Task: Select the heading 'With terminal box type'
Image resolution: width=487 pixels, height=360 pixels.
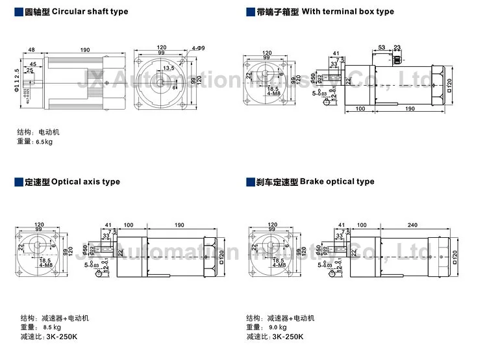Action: [348, 12]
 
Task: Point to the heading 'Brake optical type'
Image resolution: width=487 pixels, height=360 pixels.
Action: [337, 182]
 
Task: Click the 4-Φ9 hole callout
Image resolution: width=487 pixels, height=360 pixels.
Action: [199, 49]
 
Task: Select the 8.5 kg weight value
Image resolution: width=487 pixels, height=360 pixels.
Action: [53, 328]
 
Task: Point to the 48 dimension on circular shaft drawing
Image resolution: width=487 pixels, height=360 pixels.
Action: [31, 50]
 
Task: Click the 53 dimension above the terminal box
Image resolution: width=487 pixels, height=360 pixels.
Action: [381, 47]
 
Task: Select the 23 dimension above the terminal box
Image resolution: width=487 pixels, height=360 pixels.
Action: [397, 47]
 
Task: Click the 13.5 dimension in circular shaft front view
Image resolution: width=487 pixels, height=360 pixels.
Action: [169, 68]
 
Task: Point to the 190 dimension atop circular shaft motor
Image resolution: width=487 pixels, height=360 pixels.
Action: [85, 50]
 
